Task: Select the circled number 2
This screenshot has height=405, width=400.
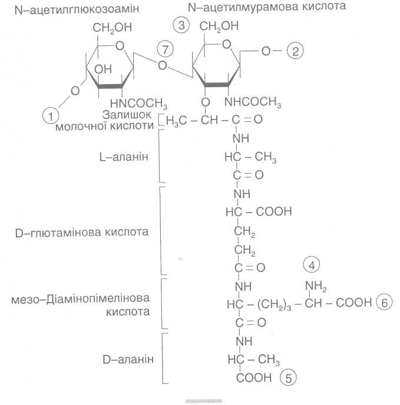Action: click(294, 51)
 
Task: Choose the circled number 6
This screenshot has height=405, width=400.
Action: click(384, 303)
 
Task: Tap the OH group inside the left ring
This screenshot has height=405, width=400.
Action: click(103, 69)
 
